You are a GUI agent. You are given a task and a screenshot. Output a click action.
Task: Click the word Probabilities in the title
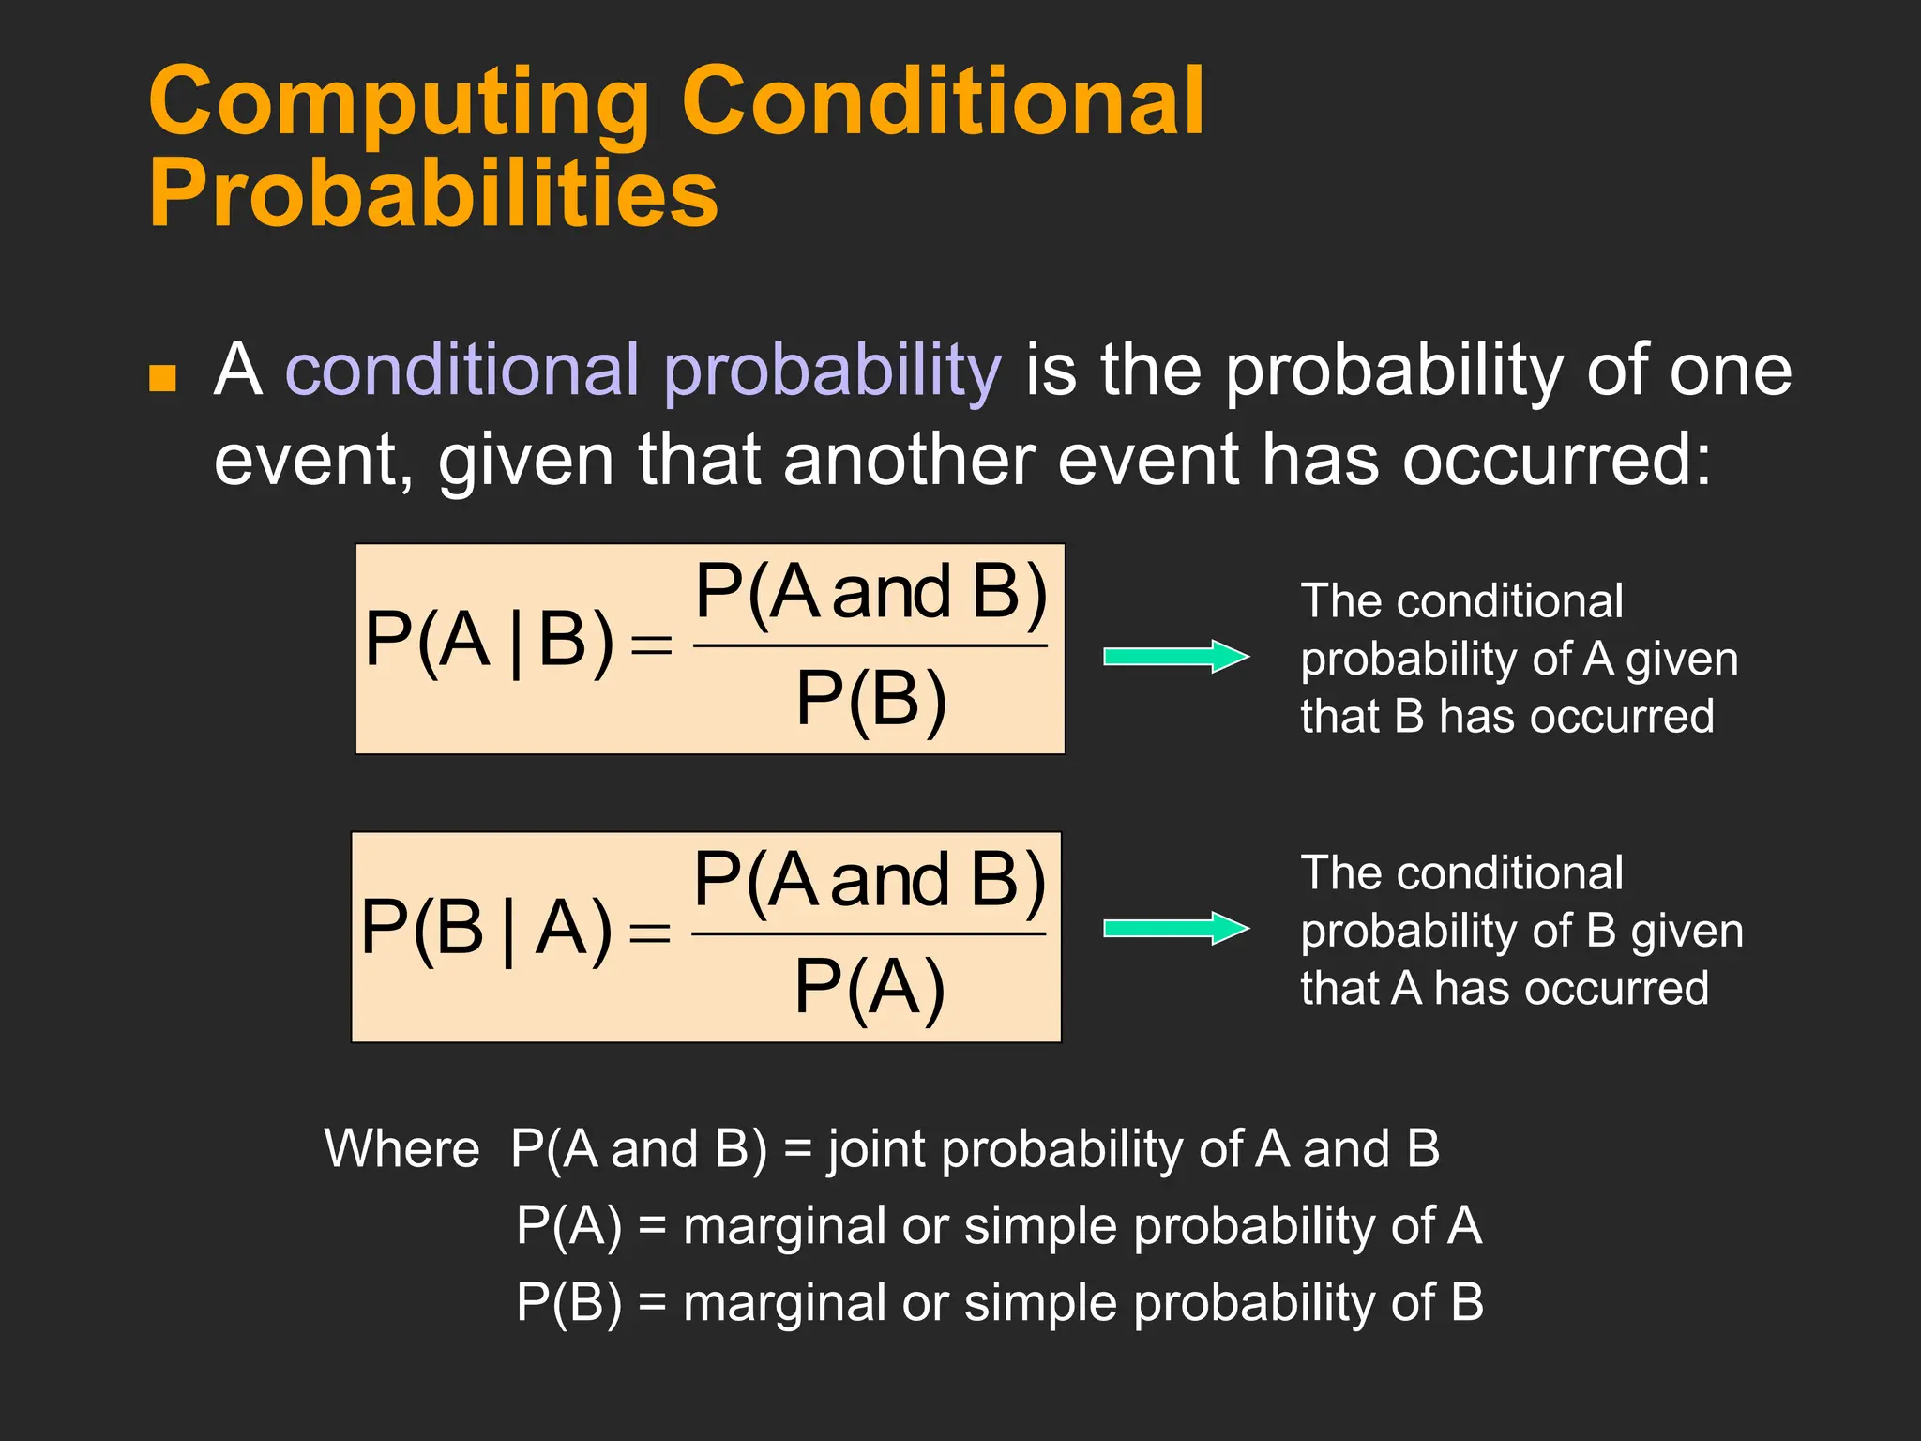[x=433, y=194]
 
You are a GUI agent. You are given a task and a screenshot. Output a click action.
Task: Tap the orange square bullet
[x=163, y=377]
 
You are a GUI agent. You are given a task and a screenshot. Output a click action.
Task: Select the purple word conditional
[x=462, y=370]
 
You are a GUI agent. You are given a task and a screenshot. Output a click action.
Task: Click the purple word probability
[x=832, y=372]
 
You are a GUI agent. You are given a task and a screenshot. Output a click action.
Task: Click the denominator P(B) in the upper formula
[x=870, y=699]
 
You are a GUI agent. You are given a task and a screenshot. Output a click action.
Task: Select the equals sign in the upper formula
[x=651, y=645]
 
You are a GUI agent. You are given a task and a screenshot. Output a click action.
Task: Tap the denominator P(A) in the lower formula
[x=869, y=987]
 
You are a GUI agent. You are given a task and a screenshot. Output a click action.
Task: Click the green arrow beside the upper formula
[x=1175, y=657]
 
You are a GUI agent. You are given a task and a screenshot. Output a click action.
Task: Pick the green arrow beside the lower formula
[x=1175, y=929]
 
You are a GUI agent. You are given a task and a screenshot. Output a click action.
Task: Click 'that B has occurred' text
[x=1506, y=717]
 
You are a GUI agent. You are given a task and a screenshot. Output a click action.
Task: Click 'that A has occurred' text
[x=1504, y=989]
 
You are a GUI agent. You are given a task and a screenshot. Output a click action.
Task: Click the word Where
[x=401, y=1148]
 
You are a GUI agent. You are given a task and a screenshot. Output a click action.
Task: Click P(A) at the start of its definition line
[x=568, y=1226]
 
